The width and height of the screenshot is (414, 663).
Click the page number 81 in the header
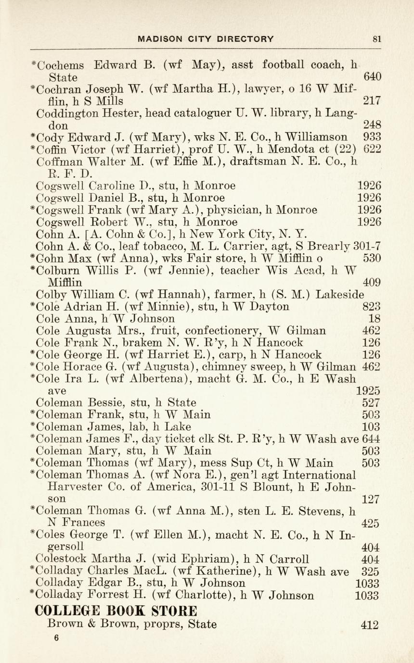coord(376,39)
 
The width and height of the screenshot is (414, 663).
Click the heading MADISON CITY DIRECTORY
coord(206,39)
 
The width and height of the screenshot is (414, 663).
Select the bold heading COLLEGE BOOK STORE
coord(116,611)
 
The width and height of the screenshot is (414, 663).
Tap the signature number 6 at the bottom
coord(56,638)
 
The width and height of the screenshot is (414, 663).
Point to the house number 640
coord(372,77)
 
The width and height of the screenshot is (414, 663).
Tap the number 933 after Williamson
coord(372,137)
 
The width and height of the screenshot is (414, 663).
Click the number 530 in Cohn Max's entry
coord(372,258)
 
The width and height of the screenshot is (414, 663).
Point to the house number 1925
coord(368,391)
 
